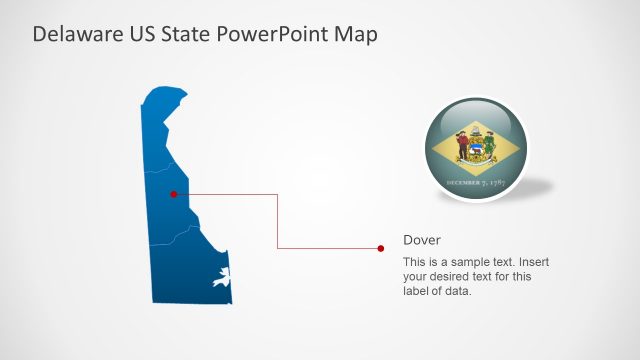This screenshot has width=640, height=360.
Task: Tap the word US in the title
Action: point(137,35)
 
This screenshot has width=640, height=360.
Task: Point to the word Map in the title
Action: point(357,35)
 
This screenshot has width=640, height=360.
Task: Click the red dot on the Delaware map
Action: point(173,194)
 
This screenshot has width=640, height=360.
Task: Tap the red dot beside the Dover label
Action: point(381,248)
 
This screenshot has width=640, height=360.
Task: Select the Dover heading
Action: point(421,240)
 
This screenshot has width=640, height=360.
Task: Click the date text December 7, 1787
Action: point(476,183)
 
